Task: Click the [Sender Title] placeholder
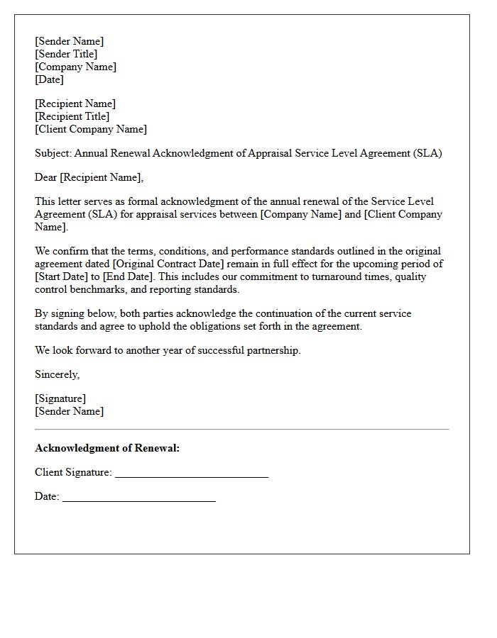tap(66, 54)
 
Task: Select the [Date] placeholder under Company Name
tap(49, 79)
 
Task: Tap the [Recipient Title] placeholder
tap(72, 116)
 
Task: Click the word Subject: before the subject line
tap(53, 153)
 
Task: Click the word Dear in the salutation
tap(46, 177)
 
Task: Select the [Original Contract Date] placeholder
tap(168, 264)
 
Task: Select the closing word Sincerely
tap(57, 374)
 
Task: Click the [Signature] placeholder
tap(60, 398)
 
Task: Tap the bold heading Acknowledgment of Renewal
tap(107, 448)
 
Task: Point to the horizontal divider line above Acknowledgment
tap(241, 429)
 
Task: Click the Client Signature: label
tap(73, 472)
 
